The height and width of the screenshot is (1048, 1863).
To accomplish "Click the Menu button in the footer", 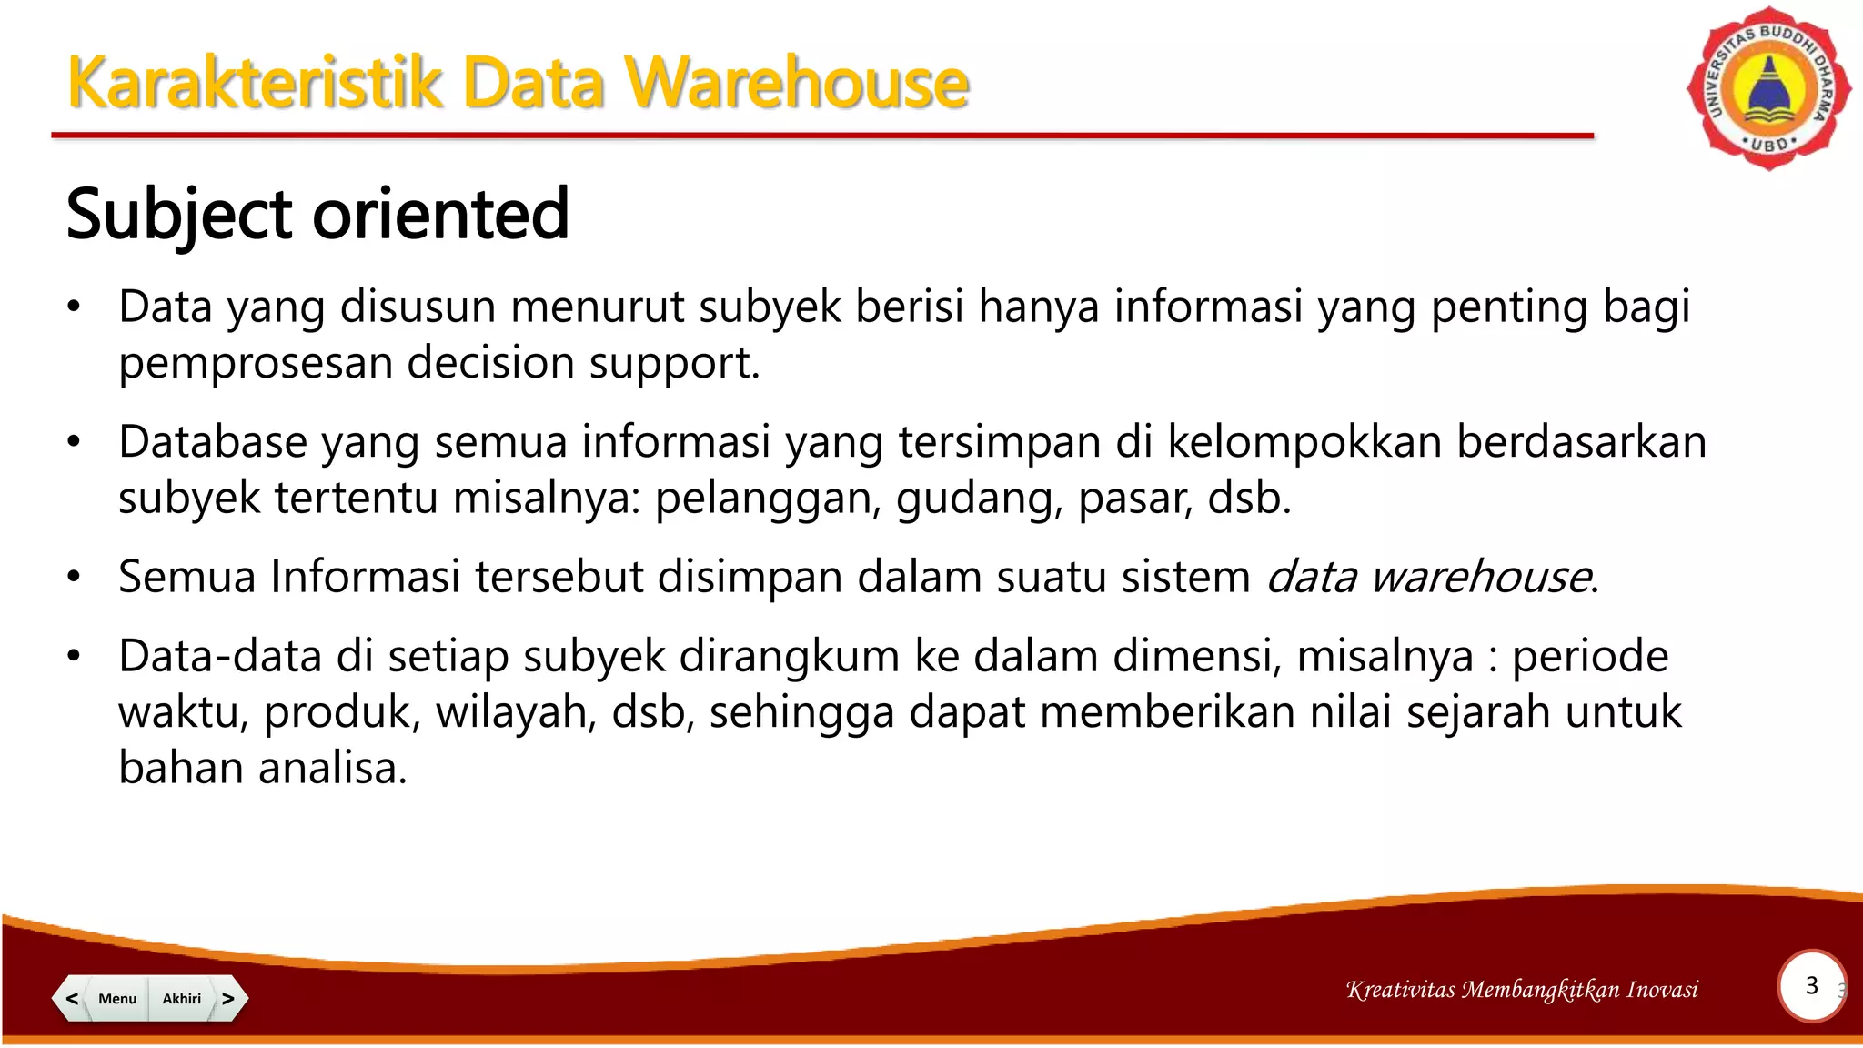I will coord(117,998).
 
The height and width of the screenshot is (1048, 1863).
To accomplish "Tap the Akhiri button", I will coord(182,998).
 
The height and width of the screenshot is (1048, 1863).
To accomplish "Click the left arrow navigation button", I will coord(71,998).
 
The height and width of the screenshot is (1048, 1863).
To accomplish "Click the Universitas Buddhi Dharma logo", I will coord(1768,89).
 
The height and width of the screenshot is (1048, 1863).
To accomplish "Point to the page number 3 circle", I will coord(1811,986).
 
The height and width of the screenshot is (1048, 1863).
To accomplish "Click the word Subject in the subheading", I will coord(179,216).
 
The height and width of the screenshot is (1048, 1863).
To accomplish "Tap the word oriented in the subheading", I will coord(441,216).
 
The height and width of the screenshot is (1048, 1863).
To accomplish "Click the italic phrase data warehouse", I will coord(1429,577).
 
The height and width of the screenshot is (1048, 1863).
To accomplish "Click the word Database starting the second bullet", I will coord(213,442).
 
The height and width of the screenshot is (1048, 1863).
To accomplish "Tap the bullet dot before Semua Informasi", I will coord(75,577).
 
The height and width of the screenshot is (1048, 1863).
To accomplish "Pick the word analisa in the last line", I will coord(332,768).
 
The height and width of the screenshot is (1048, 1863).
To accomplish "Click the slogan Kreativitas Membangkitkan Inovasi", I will coord(1522,990).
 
